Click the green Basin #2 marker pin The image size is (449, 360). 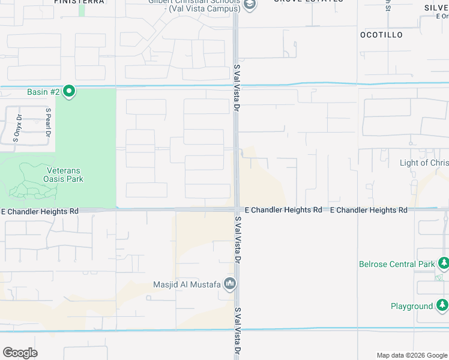point(69,91)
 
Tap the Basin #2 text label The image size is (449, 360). point(43,92)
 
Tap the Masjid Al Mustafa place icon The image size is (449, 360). point(229,283)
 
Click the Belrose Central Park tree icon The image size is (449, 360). point(444,263)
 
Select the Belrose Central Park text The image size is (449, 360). point(396,264)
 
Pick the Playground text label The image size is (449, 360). point(411,306)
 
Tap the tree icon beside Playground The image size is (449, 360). point(442,306)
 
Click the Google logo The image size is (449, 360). point(20,353)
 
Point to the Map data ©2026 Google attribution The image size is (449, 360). point(411,355)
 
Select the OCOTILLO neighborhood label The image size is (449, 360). point(381,35)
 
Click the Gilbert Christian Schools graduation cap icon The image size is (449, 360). point(250,5)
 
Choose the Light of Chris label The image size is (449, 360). point(424,163)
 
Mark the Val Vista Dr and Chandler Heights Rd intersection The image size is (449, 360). point(237,209)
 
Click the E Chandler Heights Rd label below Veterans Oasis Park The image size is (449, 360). point(40,211)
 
